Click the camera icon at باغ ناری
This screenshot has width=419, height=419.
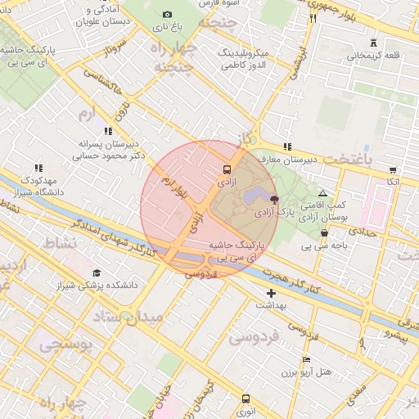[x=168, y=14]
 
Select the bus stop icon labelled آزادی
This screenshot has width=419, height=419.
[x=227, y=170]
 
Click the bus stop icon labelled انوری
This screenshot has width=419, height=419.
[x=246, y=399]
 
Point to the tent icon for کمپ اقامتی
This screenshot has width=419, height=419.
[x=322, y=191]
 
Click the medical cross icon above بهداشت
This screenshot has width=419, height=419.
[x=271, y=292]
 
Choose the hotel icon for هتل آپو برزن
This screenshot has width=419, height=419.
[x=306, y=359]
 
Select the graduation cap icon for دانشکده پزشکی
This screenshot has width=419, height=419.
[x=97, y=273]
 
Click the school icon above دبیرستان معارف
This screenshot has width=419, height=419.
[x=286, y=146]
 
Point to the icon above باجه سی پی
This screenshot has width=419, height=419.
[x=324, y=232]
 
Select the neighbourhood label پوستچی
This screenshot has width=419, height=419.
[x=65, y=345]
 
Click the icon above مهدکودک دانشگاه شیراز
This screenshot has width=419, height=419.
[x=38, y=168]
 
